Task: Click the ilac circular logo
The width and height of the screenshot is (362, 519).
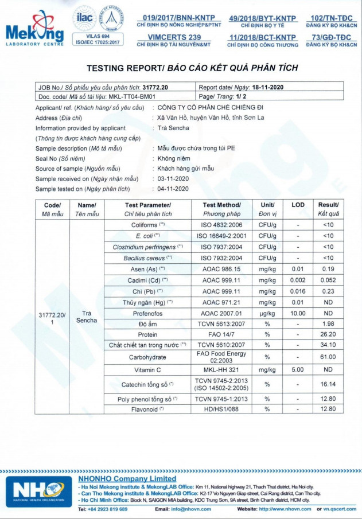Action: coord(83,18)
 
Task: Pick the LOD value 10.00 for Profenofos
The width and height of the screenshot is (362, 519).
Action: coord(298,313)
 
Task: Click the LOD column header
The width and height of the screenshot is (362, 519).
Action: coord(298,205)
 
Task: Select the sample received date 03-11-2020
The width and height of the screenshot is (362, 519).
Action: coord(173,178)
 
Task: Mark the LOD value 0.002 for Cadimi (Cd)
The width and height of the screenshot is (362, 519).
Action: coord(298,280)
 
